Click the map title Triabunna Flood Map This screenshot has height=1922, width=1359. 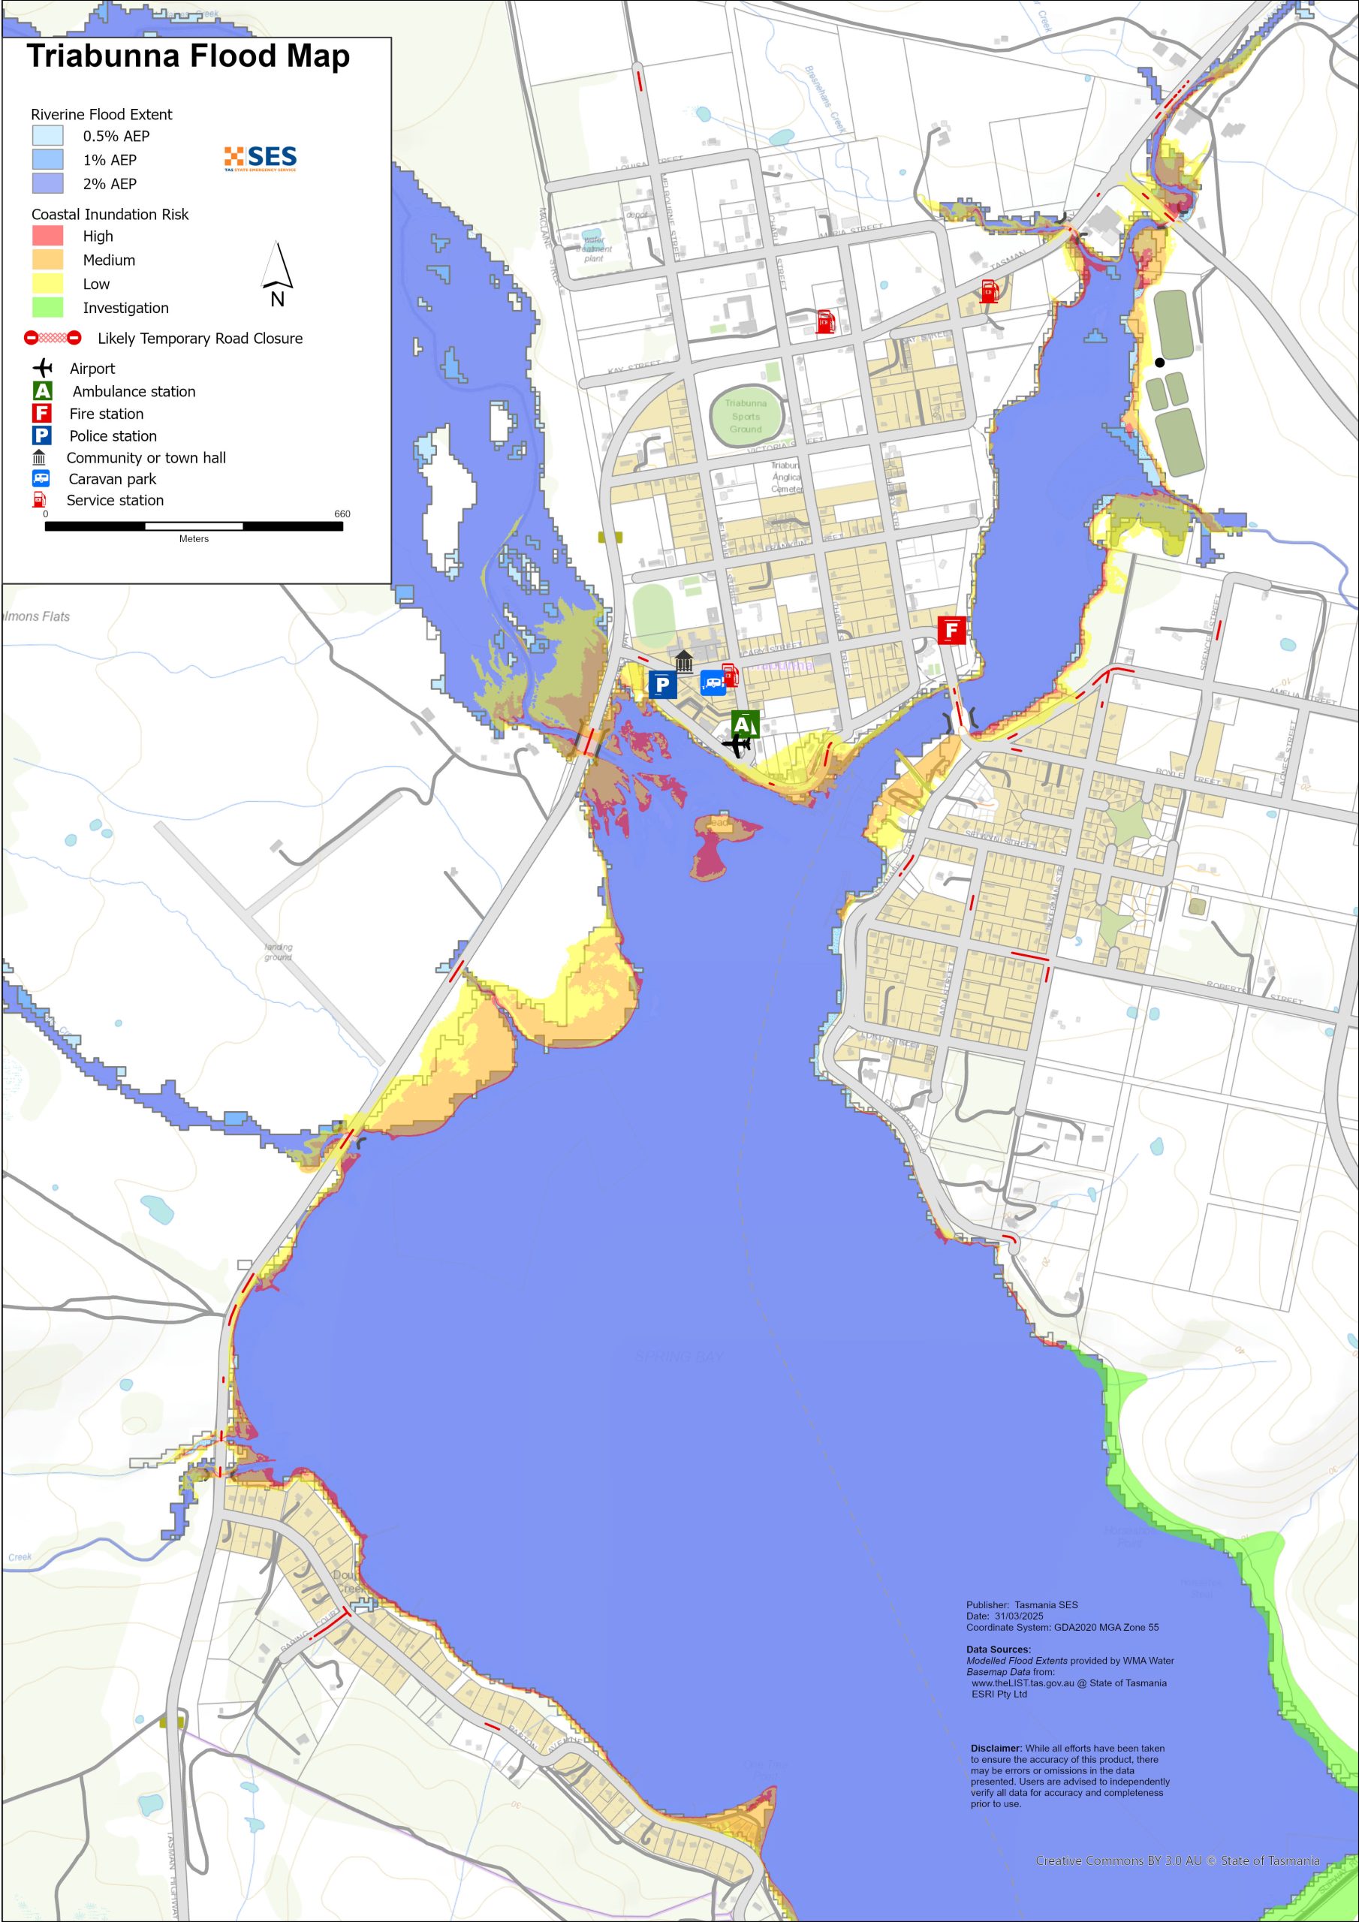tap(188, 56)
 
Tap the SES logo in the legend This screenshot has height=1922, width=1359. tap(261, 158)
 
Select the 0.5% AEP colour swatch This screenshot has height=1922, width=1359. tap(48, 136)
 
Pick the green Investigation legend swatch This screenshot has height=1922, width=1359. tap(48, 307)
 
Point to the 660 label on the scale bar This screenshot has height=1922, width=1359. tap(342, 514)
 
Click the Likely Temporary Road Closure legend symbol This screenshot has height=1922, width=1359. tap(52, 338)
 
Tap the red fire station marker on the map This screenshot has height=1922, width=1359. tap(951, 629)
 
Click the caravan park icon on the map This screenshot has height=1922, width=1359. tap(713, 683)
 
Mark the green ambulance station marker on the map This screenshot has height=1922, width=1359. tap(744, 723)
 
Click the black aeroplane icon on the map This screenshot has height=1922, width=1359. tap(736, 744)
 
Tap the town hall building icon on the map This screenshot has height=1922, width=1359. tap(684, 661)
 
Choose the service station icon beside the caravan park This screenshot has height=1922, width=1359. tap(729, 675)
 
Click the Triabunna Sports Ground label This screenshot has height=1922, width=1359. tap(746, 416)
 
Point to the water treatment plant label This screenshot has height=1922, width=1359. tap(594, 249)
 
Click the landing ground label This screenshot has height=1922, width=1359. tap(278, 952)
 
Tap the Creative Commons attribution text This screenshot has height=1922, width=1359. tap(1177, 1860)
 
